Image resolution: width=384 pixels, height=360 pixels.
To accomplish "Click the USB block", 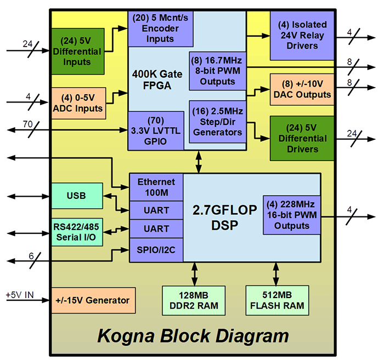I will [76, 196].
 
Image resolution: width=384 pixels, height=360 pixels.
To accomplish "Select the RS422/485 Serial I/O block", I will [76, 231].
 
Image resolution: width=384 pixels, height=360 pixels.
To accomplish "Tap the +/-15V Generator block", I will [93, 300].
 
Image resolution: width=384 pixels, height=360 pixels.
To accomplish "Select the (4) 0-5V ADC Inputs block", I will [77, 103].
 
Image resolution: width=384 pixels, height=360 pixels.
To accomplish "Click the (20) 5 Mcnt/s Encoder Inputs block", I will [160, 28].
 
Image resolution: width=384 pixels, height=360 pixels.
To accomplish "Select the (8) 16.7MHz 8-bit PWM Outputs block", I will [217, 70].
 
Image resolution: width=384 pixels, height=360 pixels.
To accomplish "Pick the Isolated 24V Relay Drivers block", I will [302, 35].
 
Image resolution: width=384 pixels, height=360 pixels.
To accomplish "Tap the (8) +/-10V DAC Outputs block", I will [302, 89].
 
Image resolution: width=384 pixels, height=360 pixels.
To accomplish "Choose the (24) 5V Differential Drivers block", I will [302, 138].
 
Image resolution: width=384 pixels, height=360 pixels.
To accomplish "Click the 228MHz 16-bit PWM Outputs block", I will [292, 215].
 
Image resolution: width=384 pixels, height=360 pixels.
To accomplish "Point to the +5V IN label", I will [20, 295].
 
